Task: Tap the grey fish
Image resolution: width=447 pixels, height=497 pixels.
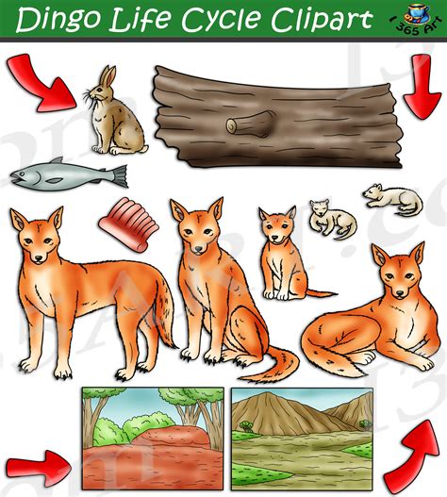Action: pos(68,175)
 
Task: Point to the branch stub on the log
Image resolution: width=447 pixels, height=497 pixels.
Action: pos(251,124)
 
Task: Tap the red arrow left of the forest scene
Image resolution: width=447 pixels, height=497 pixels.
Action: pos(41,463)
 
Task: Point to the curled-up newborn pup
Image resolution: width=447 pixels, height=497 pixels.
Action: pos(331,219)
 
